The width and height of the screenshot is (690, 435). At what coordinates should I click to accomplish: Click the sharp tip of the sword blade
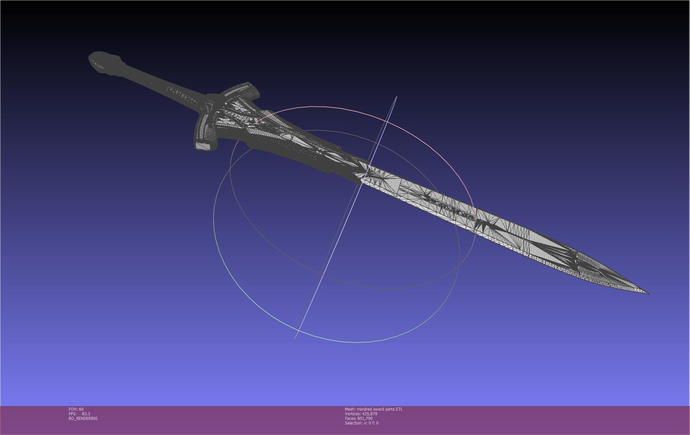pyautogui.click(x=648, y=293)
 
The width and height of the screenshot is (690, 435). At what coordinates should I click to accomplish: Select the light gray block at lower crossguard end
pyautogui.click(x=203, y=146)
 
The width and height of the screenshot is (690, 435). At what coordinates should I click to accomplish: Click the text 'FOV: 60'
pyautogui.click(x=76, y=409)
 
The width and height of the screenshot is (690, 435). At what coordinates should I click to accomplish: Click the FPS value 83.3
pyautogui.click(x=86, y=414)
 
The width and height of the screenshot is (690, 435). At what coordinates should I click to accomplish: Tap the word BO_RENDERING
pyautogui.click(x=83, y=419)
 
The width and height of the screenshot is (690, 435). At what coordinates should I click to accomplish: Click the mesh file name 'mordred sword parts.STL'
pyautogui.click(x=380, y=409)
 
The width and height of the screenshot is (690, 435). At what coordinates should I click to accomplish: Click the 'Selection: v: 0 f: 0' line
pyautogui.click(x=361, y=423)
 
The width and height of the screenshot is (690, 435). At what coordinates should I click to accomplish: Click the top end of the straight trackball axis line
pyautogui.click(x=396, y=97)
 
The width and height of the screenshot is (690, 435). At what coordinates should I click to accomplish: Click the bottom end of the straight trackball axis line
pyautogui.click(x=295, y=338)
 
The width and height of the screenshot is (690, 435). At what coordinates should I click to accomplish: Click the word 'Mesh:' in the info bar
pyautogui.click(x=350, y=409)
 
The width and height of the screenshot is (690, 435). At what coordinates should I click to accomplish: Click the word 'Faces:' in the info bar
pyautogui.click(x=351, y=419)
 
